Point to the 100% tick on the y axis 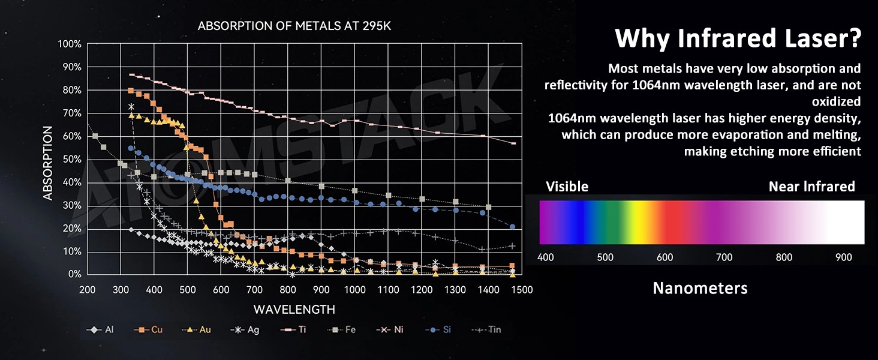(x=70, y=44)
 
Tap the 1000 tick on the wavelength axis (x=355, y=290)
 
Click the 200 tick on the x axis (x=88, y=290)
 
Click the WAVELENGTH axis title (x=294, y=310)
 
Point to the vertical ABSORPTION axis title (x=49, y=163)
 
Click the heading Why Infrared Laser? (x=738, y=39)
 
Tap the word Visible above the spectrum (x=567, y=187)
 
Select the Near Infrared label (x=811, y=187)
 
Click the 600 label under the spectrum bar (x=664, y=257)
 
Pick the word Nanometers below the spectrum (x=700, y=289)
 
